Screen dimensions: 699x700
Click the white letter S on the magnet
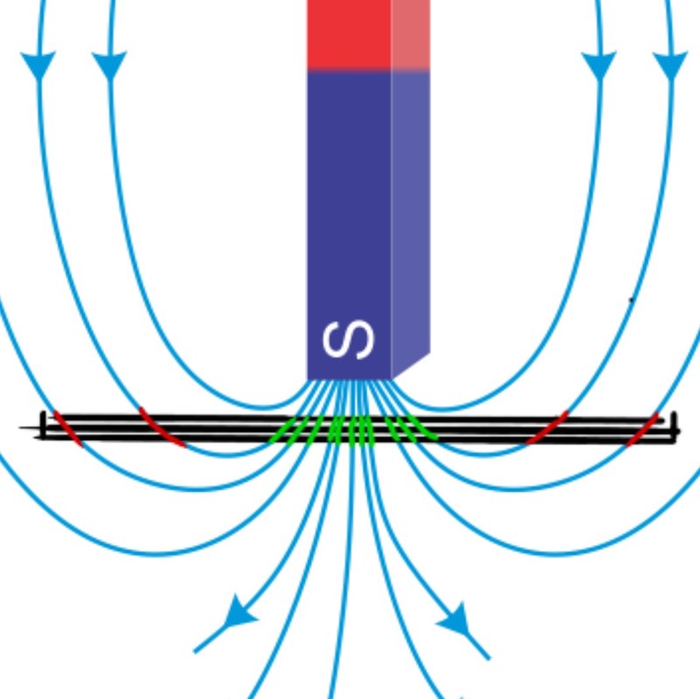(x=348, y=340)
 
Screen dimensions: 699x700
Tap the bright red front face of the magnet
(x=348, y=35)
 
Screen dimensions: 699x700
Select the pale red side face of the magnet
(x=410, y=35)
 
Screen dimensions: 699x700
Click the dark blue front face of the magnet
(x=348, y=201)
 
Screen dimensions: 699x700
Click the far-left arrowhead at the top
(x=38, y=65)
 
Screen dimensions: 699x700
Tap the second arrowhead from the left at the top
(x=109, y=65)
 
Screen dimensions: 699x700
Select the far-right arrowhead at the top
(x=670, y=65)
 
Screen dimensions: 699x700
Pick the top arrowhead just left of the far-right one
(x=599, y=65)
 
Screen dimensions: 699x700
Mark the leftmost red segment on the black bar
(x=66, y=428)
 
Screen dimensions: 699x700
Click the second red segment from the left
(x=162, y=428)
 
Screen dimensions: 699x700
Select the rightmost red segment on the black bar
(x=642, y=430)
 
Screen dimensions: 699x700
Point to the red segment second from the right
(x=548, y=428)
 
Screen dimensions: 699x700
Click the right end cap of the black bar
(x=674, y=426)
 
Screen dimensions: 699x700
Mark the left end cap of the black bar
(x=42, y=425)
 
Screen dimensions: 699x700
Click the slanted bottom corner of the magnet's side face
(x=412, y=366)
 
